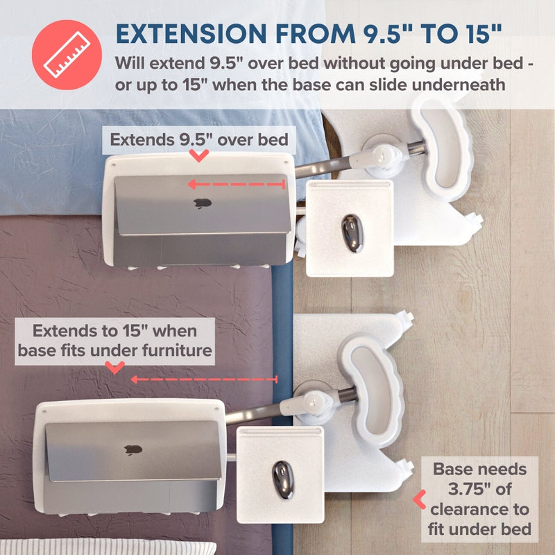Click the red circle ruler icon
click(x=67, y=55)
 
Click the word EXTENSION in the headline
click(x=191, y=33)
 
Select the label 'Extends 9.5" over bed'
click(x=199, y=140)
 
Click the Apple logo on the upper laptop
click(x=203, y=203)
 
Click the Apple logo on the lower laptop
click(x=133, y=450)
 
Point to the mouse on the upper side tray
click(x=352, y=234)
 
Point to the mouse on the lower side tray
click(x=283, y=479)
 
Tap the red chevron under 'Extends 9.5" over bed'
click(x=199, y=155)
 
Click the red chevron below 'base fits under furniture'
click(x=115, y=368)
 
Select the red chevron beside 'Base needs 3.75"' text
click(x=420, y=499)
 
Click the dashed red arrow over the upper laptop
click(x=237, y=184)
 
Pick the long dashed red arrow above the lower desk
click(x=204, y=379)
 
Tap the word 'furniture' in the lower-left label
click(x=177, y=350)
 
